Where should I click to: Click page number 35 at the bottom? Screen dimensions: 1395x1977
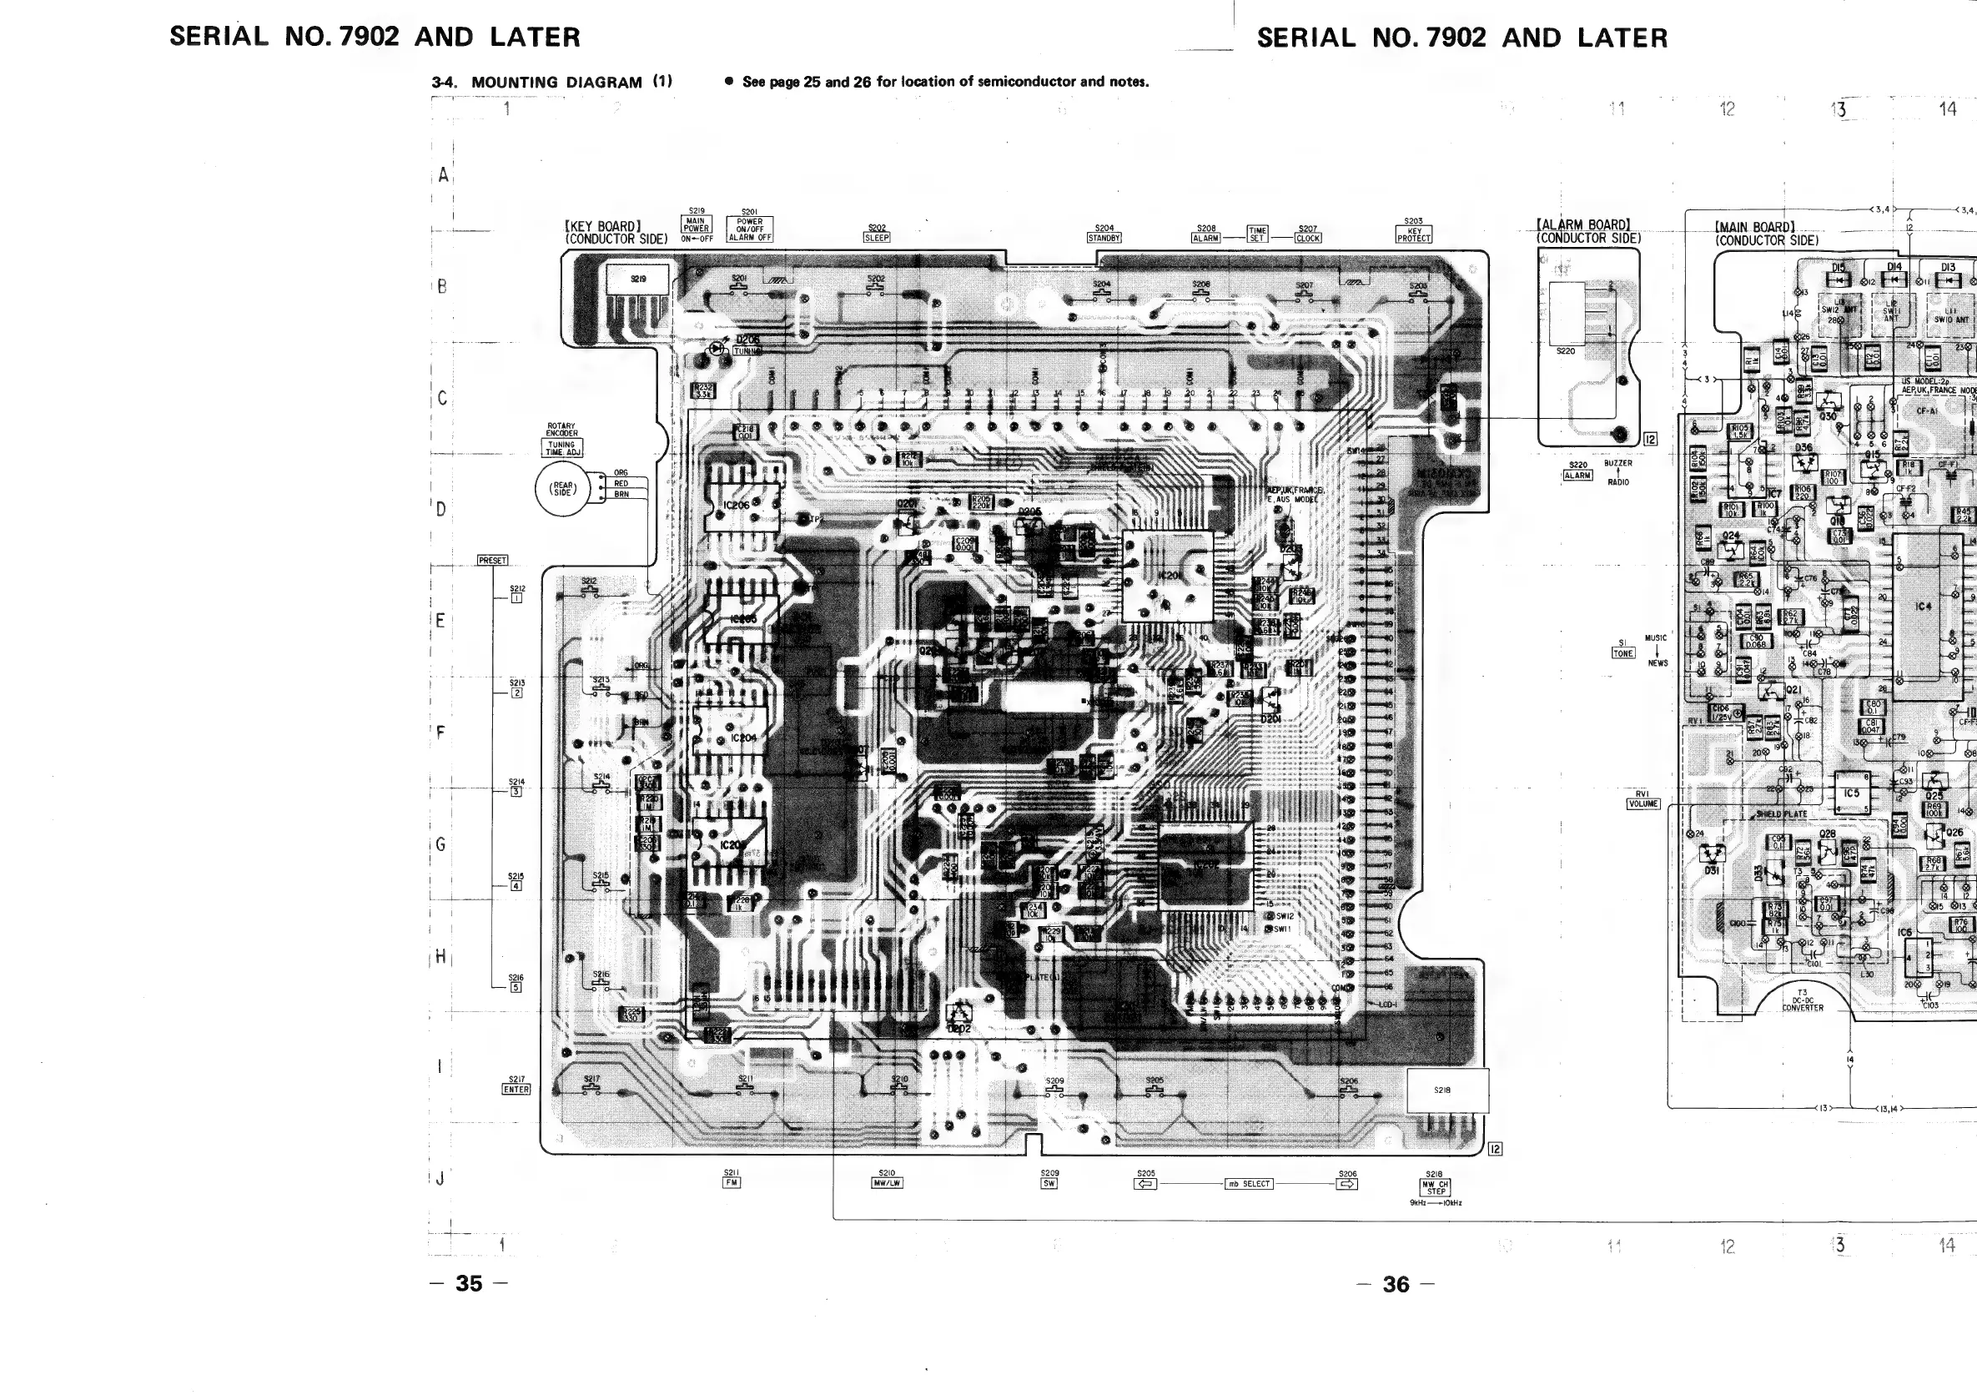[x=469, y=1283]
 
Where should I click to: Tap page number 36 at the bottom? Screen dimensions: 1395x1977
[x=1395, y=1284]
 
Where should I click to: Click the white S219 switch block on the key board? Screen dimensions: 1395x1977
[x=638, y=279]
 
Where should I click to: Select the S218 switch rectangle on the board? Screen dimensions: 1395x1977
[x=1446, y=1090]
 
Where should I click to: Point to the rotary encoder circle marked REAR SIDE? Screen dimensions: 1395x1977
[x=563, y=489]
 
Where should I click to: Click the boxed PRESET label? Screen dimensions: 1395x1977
[x=492, y=561]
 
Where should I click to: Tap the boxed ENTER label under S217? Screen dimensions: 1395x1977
[x=516, y=1090]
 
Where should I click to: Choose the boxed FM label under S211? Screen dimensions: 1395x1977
[x=731, y=1182]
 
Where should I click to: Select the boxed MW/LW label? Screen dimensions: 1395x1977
[x=887, y=1183]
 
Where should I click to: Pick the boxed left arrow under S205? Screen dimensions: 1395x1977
[x=1145, y=1184]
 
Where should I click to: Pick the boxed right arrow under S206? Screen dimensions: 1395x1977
[x=1346, y=1184]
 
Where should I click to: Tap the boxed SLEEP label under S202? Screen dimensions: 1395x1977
[x=877, y=238]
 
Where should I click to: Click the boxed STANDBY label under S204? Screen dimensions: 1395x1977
[x=1104, y=238]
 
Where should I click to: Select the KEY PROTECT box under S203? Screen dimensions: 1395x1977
[x=1414, y=234]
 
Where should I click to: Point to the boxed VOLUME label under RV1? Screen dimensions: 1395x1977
[x=1642, y=804]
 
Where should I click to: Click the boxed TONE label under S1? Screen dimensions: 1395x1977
[x=1622, y=653]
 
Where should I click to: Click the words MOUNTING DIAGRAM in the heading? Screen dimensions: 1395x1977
[x=556, y=83]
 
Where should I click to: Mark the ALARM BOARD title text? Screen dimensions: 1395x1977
[x=1583, y=225]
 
